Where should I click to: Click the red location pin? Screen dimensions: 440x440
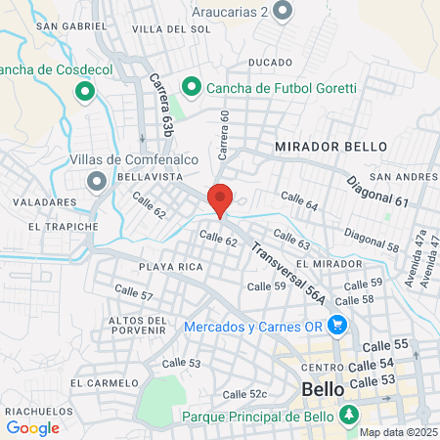[221, 198]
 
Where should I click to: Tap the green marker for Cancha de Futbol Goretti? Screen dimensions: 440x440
[193, 87]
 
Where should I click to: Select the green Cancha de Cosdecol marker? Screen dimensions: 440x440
[84, 93]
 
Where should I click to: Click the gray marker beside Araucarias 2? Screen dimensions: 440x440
[284, 11]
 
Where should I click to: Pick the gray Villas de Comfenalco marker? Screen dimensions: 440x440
[96, 181]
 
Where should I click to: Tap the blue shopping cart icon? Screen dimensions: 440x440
[338, 326]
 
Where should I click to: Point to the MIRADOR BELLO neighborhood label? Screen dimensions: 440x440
[331, 146]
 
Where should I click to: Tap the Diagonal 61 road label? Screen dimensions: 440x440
[376, 190]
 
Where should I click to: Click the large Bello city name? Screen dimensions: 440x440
[323, 389]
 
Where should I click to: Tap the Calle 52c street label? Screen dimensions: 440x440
[244, 394]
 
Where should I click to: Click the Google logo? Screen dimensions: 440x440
[32, 426]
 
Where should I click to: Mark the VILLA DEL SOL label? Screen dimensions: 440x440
[171, 29]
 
